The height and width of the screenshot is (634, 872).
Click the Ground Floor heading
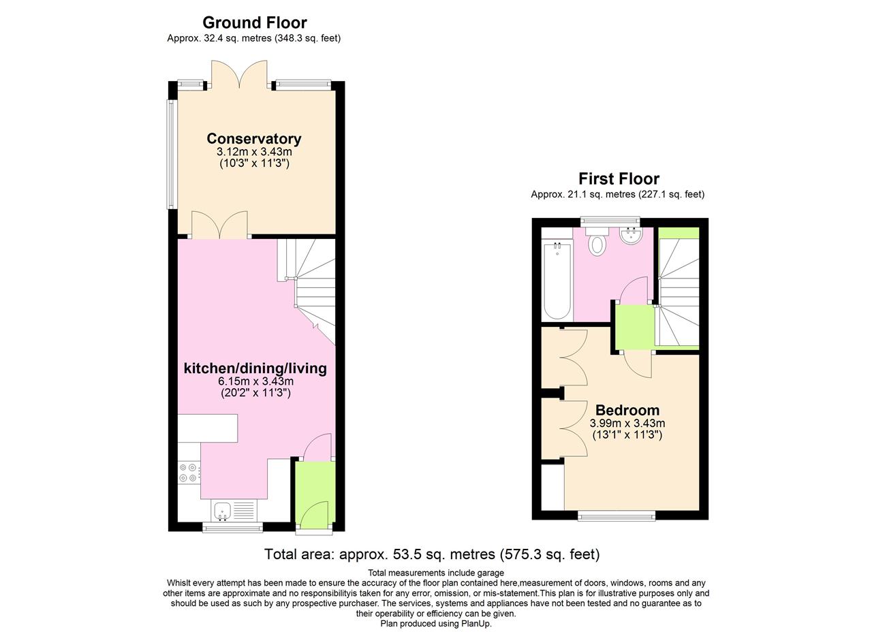[x=254, y=22]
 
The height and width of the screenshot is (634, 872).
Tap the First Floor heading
[x=619, y=178]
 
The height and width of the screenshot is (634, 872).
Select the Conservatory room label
[x=254, y=138]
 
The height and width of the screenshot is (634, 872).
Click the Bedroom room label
[x=627, y=410]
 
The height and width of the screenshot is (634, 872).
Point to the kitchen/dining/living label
[x=255, y=368]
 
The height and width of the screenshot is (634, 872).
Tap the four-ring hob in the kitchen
[x=189, y=473]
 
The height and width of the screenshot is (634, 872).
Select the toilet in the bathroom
[x=597, y=243]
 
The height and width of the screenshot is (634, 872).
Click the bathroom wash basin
[x=631, y=236]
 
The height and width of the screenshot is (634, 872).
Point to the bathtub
[x=557, y=280]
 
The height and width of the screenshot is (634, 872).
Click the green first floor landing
[x=634, y=327]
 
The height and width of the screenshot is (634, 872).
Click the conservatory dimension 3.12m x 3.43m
[x=254, y=151]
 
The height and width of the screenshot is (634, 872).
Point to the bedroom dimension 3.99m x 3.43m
[x=627, y=423]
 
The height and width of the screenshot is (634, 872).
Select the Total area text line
[x=432, y=554]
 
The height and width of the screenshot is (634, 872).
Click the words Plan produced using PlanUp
[x=435, y=623]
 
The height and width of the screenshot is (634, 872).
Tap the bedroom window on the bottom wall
[x=617, y=516]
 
